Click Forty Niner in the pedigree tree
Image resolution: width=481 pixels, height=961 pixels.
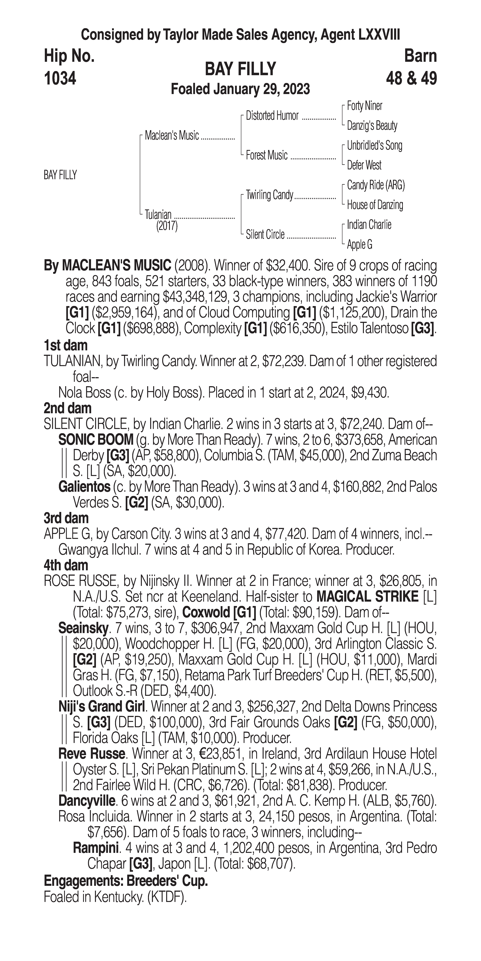pyautogui.click(x=364, y=106)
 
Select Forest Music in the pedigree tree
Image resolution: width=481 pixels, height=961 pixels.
pyautogui.click(x=267, y=155)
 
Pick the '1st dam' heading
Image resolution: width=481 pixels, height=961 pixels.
pyautogui.click(x=66, y=345)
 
